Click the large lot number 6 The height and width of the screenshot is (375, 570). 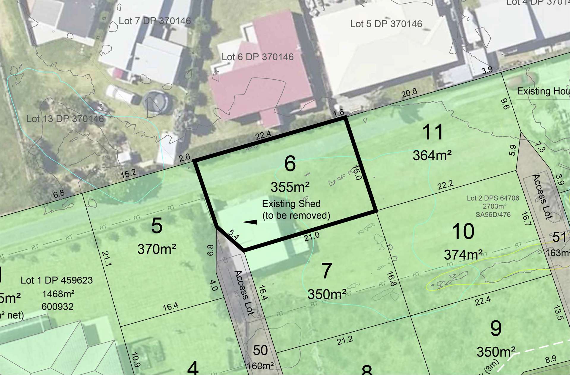click(290, 164)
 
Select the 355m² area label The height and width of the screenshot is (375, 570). click(290, 187)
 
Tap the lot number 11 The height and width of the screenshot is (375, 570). click(433, 132)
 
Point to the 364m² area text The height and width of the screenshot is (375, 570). click(432, 155)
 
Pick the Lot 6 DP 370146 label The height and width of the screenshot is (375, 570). click(258, 57)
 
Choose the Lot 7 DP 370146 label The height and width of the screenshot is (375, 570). click(155, 21)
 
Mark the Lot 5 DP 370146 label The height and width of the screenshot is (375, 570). click(386, 24)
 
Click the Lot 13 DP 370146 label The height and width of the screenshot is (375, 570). click(65, 119)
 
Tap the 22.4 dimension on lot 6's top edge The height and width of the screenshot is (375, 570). click(263, 135)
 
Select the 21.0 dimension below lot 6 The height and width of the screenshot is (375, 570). click(312, 237)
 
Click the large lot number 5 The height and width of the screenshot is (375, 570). click(157, 226)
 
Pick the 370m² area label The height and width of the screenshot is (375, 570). click(157, 249)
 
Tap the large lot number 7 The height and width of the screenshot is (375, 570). click(327, 271)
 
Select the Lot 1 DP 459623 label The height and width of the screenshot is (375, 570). click(57, 280)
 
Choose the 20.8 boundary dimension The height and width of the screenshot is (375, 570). click(409, 94)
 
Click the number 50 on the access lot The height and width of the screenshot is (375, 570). click(260, 351)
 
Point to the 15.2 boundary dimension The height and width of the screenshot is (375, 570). click(128, 174)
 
